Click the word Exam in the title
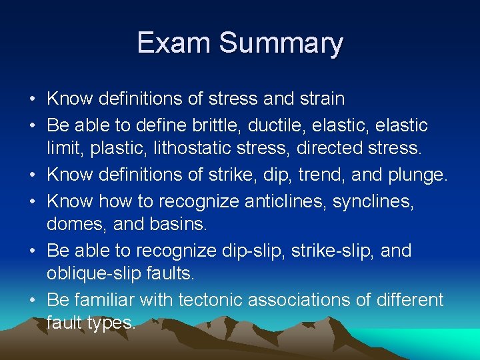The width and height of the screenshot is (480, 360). tap(174, 43)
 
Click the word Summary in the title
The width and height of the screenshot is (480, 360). tap(281, 44)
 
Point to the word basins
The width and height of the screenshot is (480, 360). tap(177, 225)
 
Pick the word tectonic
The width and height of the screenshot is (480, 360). tap(211, 300)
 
